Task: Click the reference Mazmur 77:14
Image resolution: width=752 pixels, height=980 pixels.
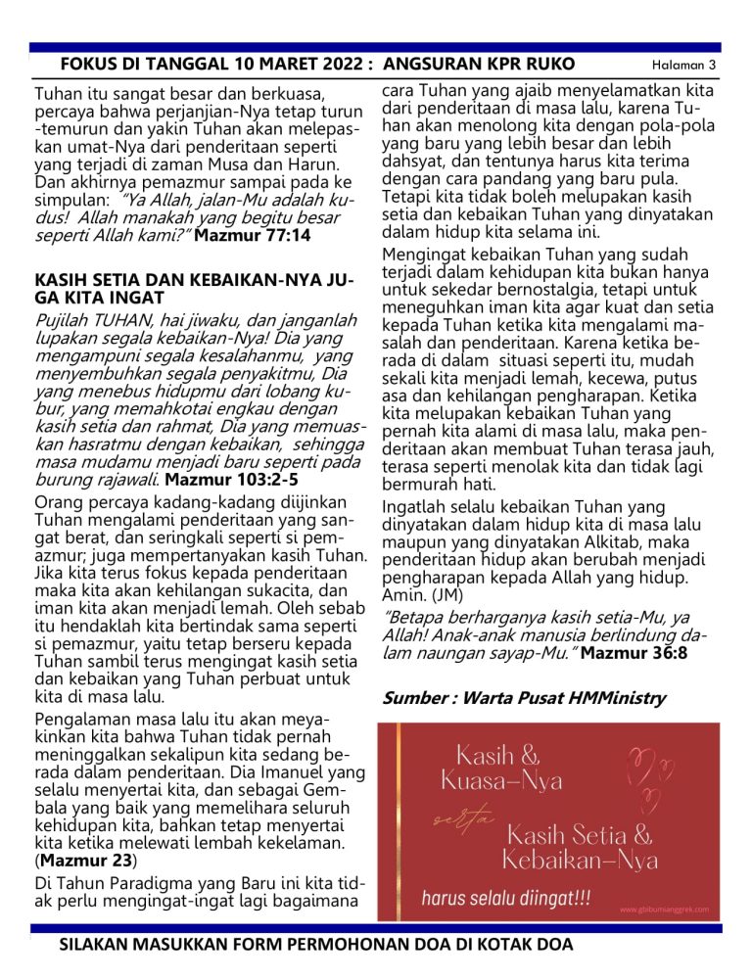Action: pos(253,236)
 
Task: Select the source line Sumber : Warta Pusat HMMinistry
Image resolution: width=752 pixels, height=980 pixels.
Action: pos(524,699)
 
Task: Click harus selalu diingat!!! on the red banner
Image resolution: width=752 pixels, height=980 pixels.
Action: pos(506,898)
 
